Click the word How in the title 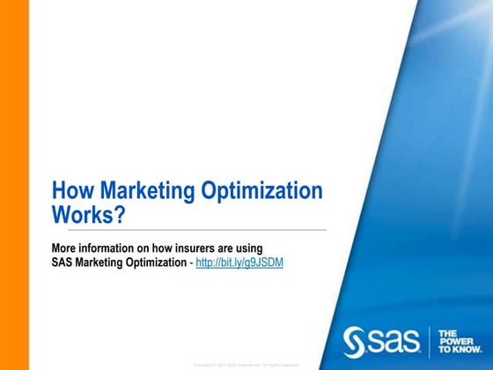coord(73,191)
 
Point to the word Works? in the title coord(90,214)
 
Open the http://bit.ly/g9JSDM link coord(239,263)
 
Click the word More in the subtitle coord(64,248)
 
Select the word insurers coord(192,248)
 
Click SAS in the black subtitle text coord(63,263)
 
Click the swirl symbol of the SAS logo coord(352,338)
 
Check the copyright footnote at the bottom coord(246,364)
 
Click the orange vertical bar coord(14,185)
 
